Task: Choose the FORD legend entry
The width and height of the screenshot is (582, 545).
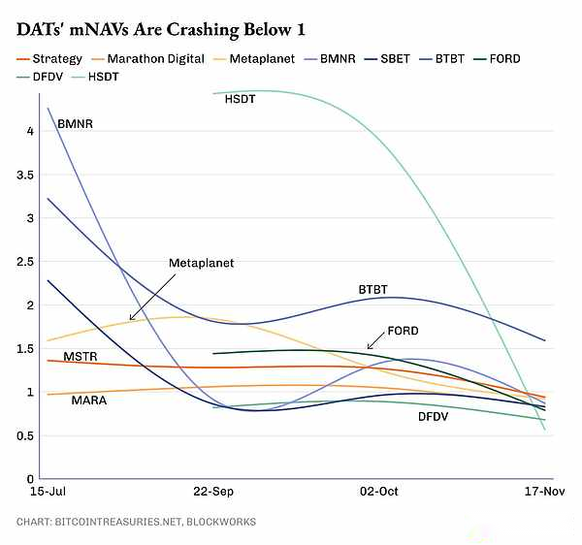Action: click(503, 59)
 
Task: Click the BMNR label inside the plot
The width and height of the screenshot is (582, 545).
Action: click(74, 124)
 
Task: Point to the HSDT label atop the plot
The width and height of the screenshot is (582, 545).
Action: click(240, 99)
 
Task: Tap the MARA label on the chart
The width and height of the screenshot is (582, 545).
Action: click(89, 400)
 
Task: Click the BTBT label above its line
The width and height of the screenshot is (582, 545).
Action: click(372, 290)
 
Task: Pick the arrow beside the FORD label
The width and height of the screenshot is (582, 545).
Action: click(374, 340)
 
